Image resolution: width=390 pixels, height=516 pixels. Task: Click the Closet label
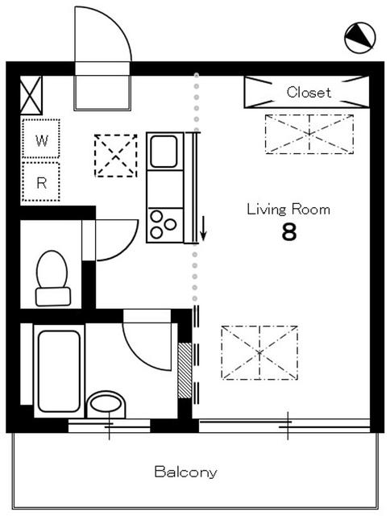pos(309,92)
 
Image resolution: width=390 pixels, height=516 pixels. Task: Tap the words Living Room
pos(288,210)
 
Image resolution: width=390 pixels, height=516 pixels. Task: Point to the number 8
pos(289,232)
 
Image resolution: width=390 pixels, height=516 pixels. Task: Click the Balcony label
pos(185,472)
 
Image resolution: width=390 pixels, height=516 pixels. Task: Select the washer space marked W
pos(41,139)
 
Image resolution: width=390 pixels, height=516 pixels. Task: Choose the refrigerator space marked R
pos(41,181)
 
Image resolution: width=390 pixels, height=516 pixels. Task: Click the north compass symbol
pos(359,38)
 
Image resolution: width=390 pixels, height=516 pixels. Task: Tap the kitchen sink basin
pos(164,152)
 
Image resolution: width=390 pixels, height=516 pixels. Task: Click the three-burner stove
pos(164,226)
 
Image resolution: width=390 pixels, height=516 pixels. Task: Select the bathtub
pos(59,371)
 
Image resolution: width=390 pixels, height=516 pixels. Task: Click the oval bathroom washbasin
pos(106,404)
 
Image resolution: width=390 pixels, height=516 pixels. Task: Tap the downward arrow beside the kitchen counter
pos(203,227)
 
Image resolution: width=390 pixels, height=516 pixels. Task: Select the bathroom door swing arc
pos(138,357)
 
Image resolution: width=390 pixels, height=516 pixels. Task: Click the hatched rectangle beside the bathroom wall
pos(185,371)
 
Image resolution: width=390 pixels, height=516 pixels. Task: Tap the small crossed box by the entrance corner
pos(31,95)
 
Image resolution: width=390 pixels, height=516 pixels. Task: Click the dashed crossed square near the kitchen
pos(116,156)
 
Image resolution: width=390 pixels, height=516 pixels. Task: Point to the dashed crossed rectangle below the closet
pos(309,134)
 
